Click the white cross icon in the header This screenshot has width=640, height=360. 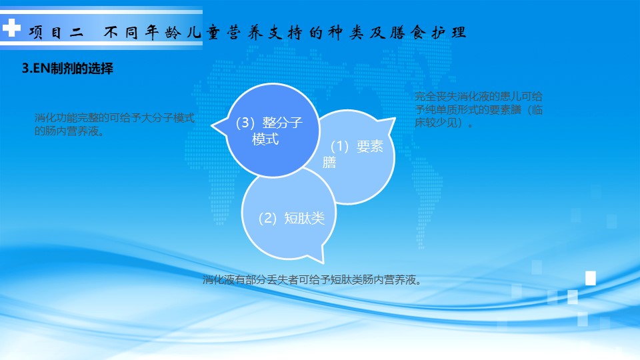(x=11, y=28)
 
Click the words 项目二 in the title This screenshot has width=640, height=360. (x=56, y=32)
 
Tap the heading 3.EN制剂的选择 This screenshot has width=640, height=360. (x=67, y=68)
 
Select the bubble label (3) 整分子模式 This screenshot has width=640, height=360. (x=269, y=131)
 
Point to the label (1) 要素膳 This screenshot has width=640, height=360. (x=353, y=154)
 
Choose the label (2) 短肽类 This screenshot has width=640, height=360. (x=291, y=218)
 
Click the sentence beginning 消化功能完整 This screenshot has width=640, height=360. (x=114, y=125)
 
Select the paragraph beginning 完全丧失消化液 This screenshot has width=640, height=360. (x=479, y=109)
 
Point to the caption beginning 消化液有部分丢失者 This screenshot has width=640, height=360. (x=312, y=279)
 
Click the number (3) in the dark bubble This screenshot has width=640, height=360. (x=245, y=123)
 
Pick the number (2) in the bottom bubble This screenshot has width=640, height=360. (x=268, y=219)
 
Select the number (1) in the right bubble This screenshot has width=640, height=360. (x=339, y=146)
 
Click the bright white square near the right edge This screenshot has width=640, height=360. (x=591, y=278)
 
